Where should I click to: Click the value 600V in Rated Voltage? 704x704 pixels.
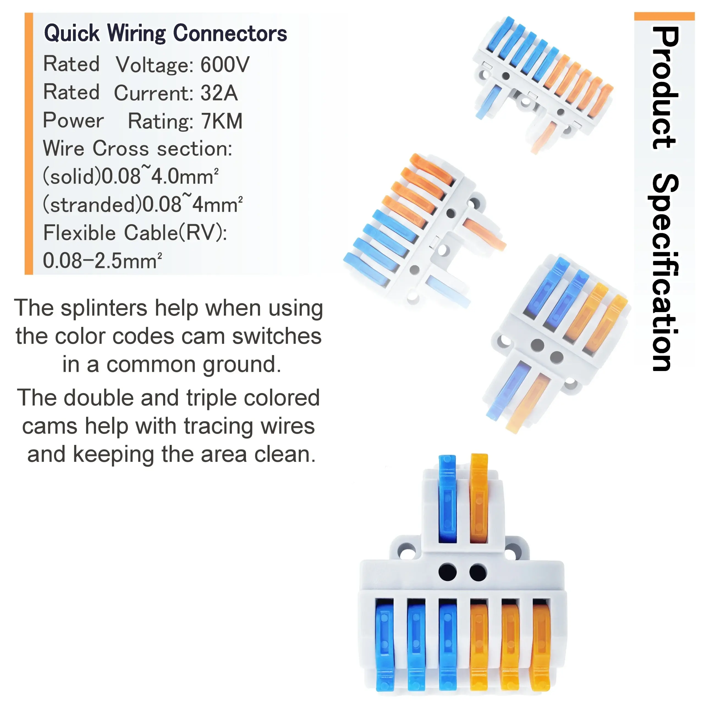[225, 65]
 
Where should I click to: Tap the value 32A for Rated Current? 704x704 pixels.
[219, 93]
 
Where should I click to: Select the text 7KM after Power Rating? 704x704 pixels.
[222, 121]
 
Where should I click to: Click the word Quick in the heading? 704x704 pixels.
[71, 33]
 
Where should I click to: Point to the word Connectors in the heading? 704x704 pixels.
[230, 33]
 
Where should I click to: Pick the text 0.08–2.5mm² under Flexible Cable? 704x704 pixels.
[102, 261]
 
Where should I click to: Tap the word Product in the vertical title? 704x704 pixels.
[665, 87]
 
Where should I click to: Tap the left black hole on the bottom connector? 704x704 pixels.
[447, 572]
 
